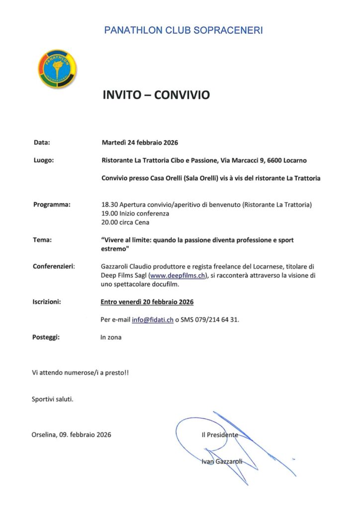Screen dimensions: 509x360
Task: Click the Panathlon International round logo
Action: click(x=58, y=69)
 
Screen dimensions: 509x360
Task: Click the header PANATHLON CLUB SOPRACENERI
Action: click(x=183, y=30)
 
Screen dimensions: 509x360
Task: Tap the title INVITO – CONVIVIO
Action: click(x=156, y=95)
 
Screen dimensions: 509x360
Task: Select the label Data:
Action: click(x=42, y=143)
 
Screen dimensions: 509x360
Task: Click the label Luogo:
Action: click(x=44, y=160)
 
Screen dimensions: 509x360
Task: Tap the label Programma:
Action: click(x=52, y=204)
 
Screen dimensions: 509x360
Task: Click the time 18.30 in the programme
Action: click(x=108, y=204)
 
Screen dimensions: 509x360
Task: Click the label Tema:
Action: click(x=42, y=240)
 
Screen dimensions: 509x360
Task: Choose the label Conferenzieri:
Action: click(x=54, y=266)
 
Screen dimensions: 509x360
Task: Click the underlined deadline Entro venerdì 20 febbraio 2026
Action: click(x=147, y=302)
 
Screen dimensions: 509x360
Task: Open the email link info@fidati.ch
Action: click(x=152, y=320)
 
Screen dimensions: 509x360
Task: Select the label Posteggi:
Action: click(x=46, y=337)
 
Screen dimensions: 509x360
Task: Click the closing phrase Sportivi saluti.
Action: click(x=52, y=399)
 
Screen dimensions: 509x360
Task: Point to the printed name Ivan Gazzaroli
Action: click(x=222, y=461)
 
